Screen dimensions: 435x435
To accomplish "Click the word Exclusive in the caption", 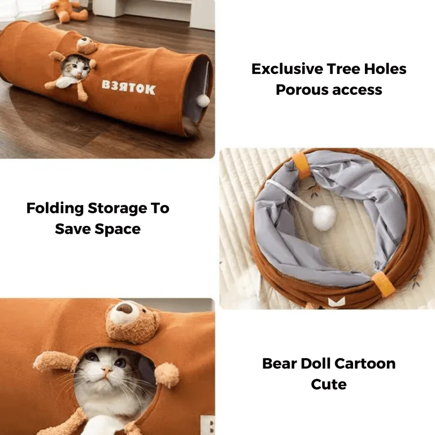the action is point(287,69).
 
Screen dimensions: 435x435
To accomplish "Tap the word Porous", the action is point(301,90).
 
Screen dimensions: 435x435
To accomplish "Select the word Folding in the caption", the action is point(55,208).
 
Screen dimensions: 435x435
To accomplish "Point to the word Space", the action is point(118,229).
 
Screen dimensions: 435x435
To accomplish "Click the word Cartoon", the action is point(365,363).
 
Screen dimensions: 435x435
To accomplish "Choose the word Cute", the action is point(329,385).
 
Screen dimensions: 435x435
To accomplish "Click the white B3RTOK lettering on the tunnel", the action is point(128,88).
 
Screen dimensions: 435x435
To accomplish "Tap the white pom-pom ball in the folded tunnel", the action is point(324,218).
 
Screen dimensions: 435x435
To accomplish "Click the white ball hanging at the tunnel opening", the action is point(203,99).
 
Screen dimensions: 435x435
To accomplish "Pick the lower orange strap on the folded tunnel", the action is point(384,285).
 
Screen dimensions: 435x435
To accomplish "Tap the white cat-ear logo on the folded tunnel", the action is point(336,302).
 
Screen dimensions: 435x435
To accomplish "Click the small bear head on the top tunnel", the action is point(86,45).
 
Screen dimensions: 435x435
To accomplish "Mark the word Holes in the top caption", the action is point(385,69).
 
